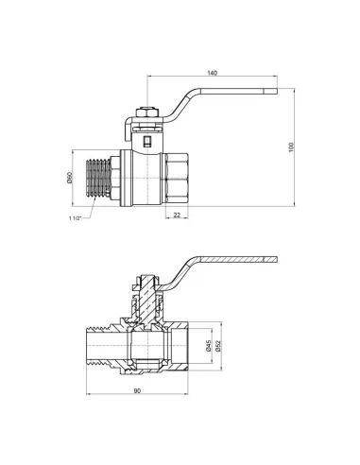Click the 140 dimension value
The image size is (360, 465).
[x=213, y=73]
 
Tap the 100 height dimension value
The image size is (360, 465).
[x=291, y=147]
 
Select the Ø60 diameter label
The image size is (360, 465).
[x=70, y=178]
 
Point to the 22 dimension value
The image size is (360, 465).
[x=177, y=215]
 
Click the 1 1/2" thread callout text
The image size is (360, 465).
[x=75, y=217]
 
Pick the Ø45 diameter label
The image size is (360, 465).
[x=208, y=346]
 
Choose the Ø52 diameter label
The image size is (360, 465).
[x=218, y=346]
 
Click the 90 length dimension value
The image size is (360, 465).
[x=137, y=391]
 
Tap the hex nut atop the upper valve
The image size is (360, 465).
[x=146, y=112]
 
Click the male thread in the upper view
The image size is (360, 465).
[x=98, y=179]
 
